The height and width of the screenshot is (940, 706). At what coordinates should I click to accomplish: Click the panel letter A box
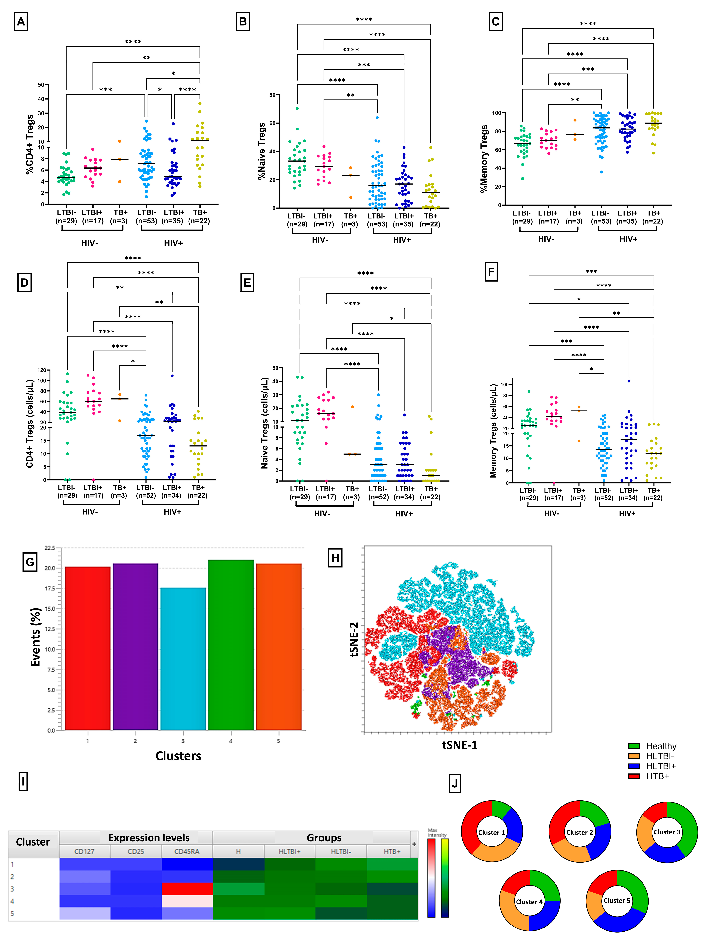21,21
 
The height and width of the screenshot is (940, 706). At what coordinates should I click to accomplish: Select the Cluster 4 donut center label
529,901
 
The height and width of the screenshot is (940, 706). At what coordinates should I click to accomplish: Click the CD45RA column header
187,851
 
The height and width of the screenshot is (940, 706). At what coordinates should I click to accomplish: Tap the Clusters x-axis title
178,756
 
